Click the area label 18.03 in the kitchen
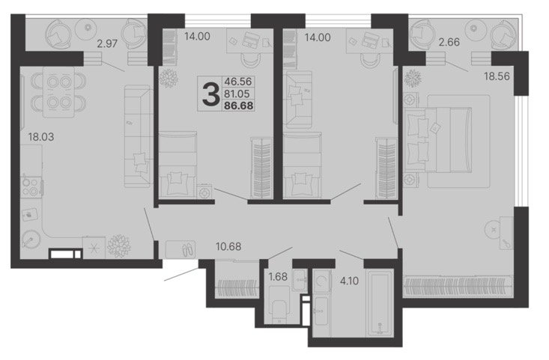[x=41, y=137]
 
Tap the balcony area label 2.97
[x=107, y=44]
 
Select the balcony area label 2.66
[x=449, y=42]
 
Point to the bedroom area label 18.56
[x=497, y=76]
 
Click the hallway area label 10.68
[x=228, y=247]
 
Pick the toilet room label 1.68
[x=278, y=277]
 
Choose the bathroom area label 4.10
[x=349, y=281]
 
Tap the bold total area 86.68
[x=239, y=106]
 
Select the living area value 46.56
[x=238, y=82]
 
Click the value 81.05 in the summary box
[x=237, y=94]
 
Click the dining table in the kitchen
[x=58, y=92]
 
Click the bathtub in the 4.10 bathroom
[x=380, y=303]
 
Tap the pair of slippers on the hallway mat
[x=187, y=248]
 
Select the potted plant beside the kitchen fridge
[x=118, y=246]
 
